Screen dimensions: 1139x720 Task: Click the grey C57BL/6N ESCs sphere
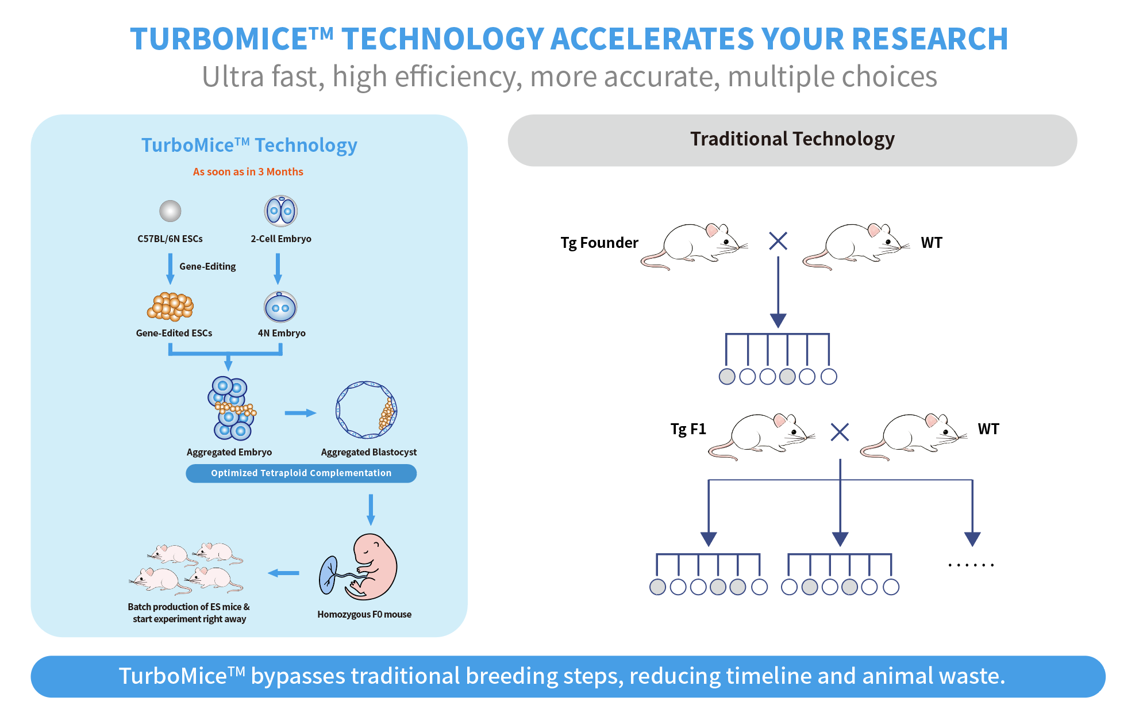(x=170, y=211)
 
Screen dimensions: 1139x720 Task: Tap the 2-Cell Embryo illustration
(x=280, y=211)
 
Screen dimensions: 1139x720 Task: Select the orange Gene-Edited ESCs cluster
(x=170, y=307)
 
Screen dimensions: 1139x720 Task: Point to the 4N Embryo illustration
(x=280, y=307)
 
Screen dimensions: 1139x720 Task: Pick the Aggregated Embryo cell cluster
(x=232, y=408)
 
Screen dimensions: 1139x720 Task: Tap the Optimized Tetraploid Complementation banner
(x=301, y=473)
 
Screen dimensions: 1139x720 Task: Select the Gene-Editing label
(x=207, y=266)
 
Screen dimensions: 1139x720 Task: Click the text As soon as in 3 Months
(x=248, y=171)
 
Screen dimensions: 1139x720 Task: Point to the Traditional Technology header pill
(x=792, y=140)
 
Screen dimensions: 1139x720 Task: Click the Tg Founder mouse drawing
(x=694, y=246)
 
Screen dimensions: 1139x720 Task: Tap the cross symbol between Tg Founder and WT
(x=778, y=241)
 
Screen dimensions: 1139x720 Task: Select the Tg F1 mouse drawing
(x=761, y=436)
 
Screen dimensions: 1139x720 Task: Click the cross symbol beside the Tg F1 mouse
(x=840, y=432)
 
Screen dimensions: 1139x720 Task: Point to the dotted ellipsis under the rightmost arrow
(x=971, y=565)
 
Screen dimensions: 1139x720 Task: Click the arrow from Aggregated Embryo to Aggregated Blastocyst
(x=301, y=413)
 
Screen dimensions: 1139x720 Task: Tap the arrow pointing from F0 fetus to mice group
(x=283, y=573)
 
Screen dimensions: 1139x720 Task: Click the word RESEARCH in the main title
(x=930, y=39)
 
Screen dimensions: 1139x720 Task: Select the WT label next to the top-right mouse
(x=932, y=243)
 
